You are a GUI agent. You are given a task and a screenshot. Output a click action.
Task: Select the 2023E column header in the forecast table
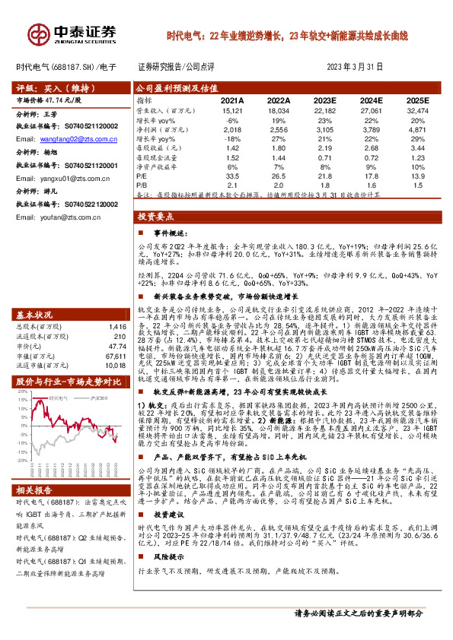pyautogui.click(x=326, y=100)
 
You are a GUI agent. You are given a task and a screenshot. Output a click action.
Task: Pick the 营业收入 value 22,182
pyautogui.click(x=326, y=110)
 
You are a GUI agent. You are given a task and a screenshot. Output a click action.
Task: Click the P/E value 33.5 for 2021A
pyautogui.click(x=233, y=175)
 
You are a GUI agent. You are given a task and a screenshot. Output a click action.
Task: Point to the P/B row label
pyautogui.click(x=142, y=185)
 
